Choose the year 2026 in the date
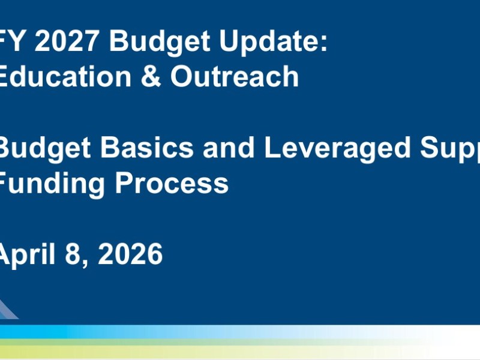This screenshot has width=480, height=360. tap(130, 254)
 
